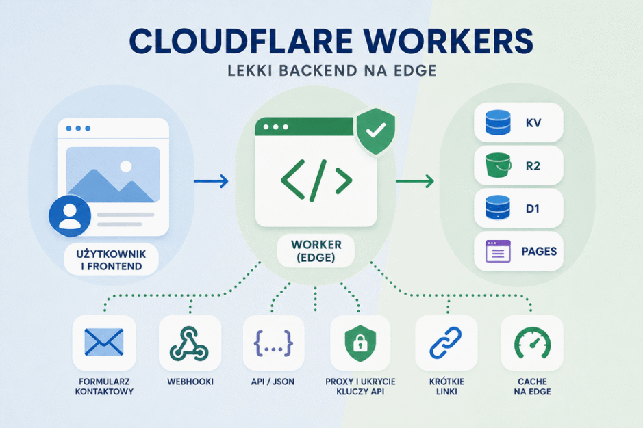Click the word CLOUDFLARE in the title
(x=241, y=42)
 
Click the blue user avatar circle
(x=70, y=216)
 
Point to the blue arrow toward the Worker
(x=211, y=180)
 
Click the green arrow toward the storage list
(x=414, y=180)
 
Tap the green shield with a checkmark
(x=376, y=131)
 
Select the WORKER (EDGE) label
(x=316, y=251)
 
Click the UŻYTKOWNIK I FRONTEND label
(x=111, y=260)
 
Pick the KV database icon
(x=498, y=122)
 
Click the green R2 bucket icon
(x=498, y=165)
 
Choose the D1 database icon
(x=498, y=208)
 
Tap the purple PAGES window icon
(x=498, y=251)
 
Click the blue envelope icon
(x=104, y=342)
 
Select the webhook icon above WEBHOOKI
(x=189, y=343)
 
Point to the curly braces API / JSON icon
(x=273, y=343)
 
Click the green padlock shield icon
(x=360, y=343)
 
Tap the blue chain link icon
(x=446, y=343)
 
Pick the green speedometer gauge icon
(x=532, y=343)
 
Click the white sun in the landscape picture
(x=126, y=166)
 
